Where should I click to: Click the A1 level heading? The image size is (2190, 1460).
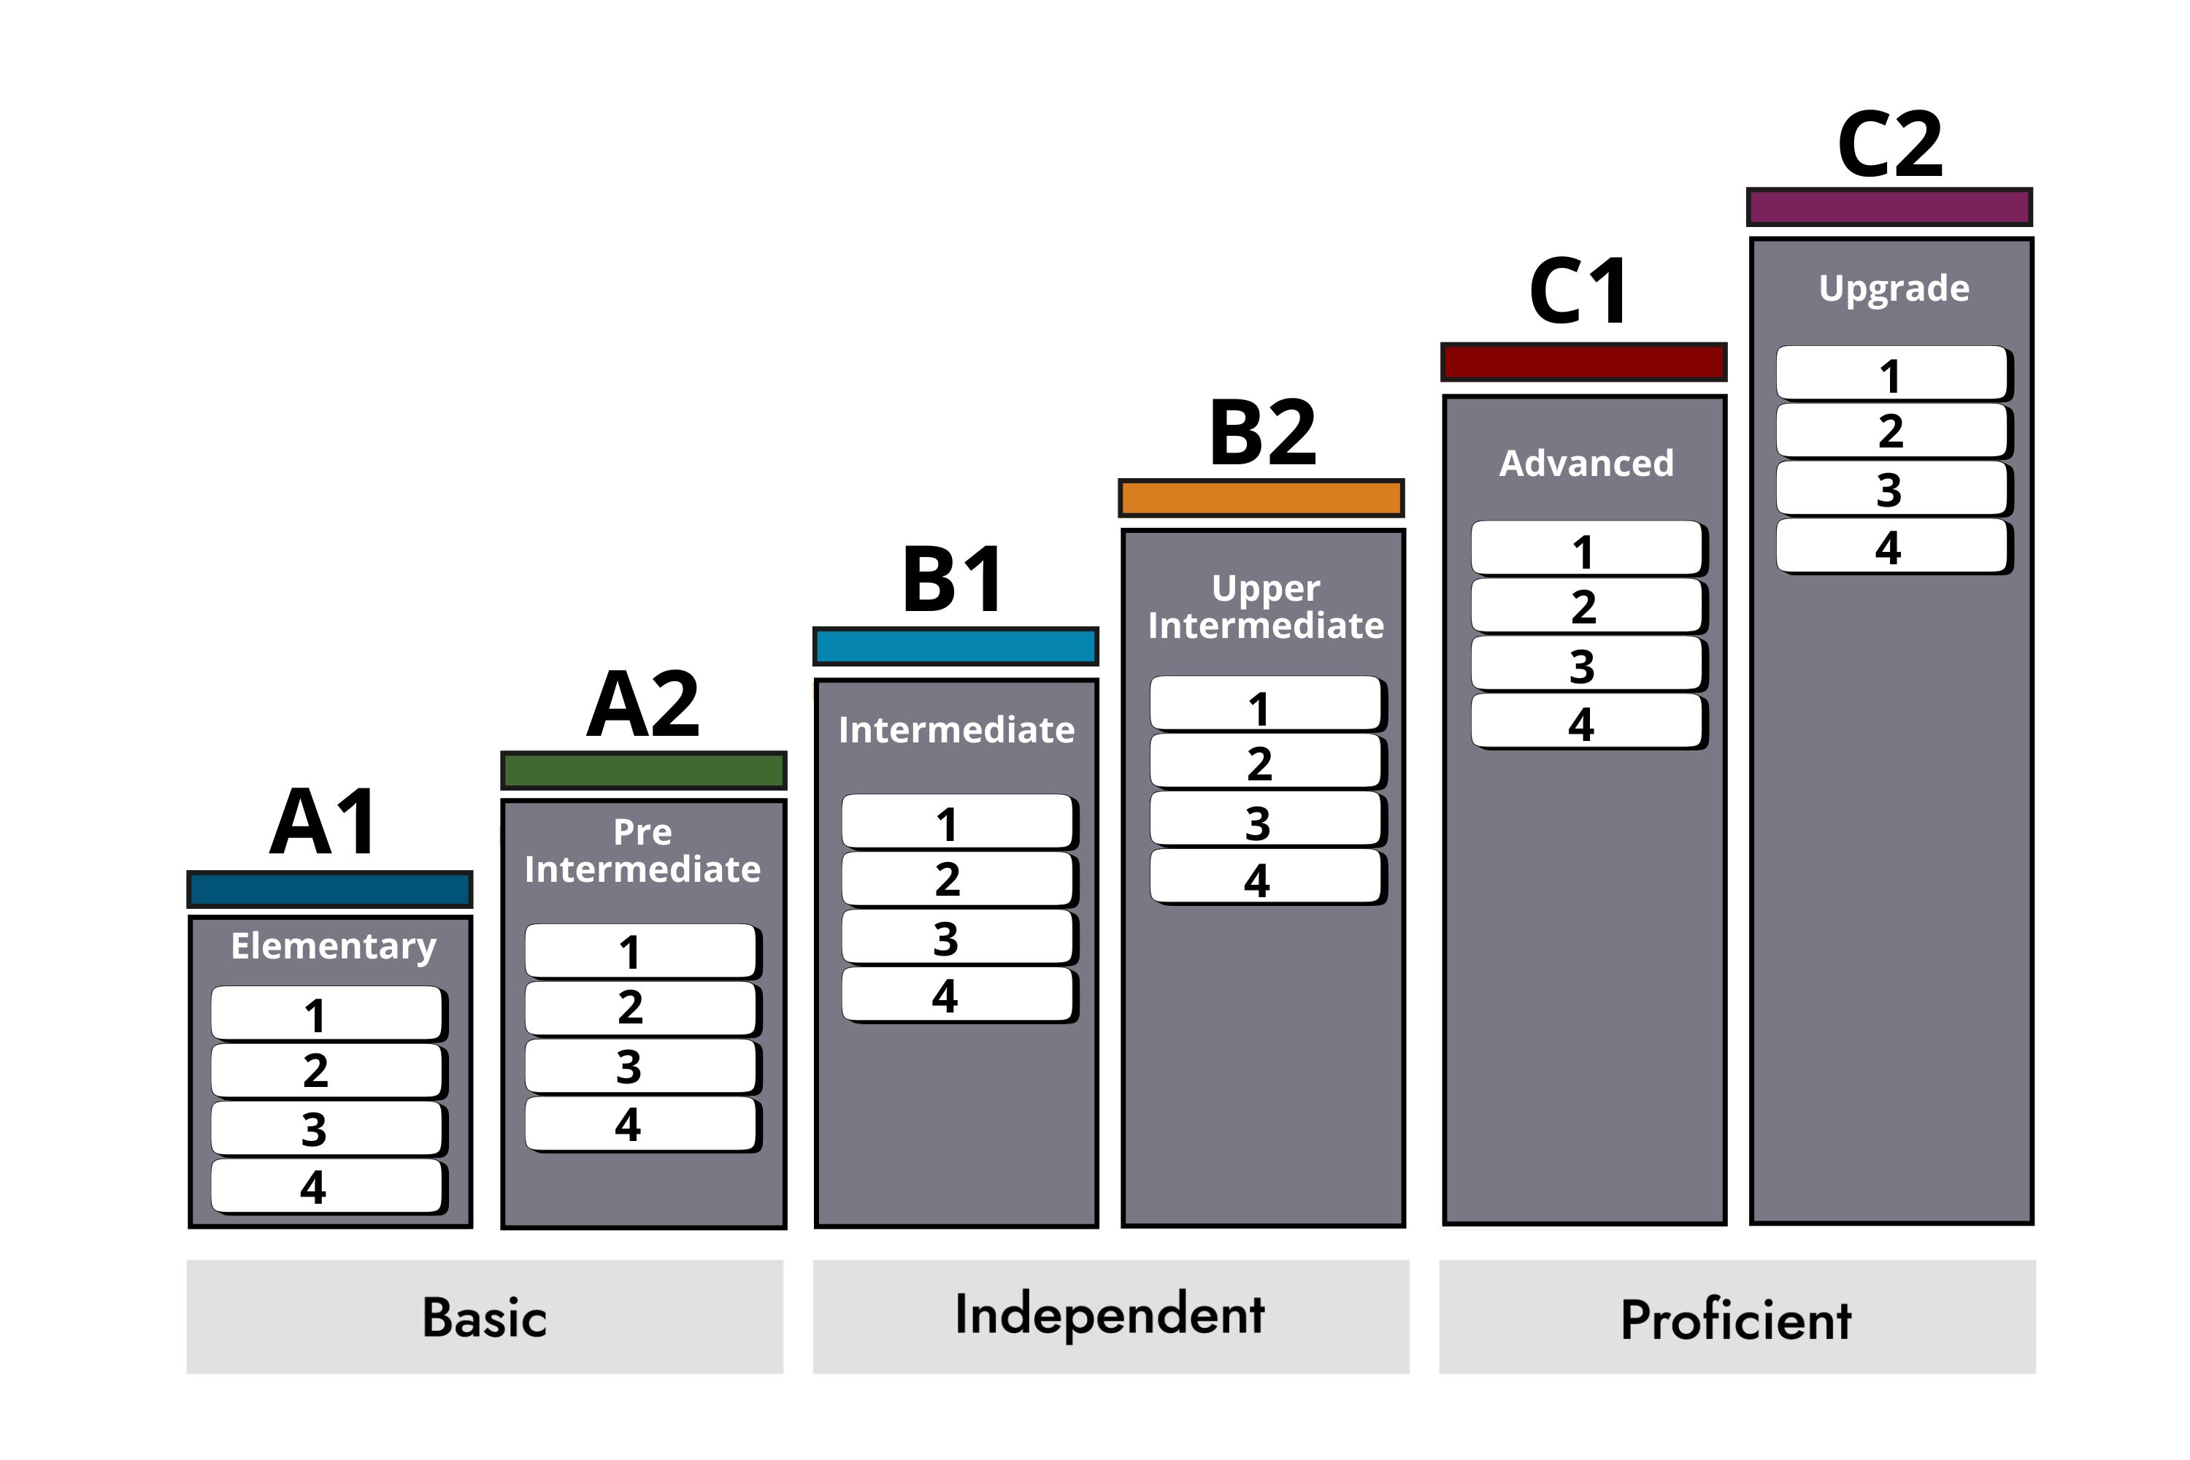[324, 821]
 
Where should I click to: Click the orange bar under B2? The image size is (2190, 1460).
[1261, 498]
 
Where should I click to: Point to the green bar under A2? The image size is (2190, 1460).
[643, 770]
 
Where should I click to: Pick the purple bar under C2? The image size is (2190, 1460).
[1889, 207]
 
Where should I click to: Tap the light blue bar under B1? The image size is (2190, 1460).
[956, 646]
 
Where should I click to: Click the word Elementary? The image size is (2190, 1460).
[334, 947]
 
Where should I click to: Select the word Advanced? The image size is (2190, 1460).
[1586, 463]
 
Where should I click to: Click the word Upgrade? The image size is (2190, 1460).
[1894, 288]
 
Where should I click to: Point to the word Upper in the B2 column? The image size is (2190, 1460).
[1265, 588]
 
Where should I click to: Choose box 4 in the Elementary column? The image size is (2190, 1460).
[328, 1186]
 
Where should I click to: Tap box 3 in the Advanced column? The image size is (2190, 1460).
[1588, 664]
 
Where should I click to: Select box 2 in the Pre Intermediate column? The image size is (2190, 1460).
[642, 1008]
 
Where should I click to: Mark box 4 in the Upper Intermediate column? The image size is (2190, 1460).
[1267, 877]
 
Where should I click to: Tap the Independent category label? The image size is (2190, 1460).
[1110, 1315]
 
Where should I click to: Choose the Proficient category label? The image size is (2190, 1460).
[1737, 1319]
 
